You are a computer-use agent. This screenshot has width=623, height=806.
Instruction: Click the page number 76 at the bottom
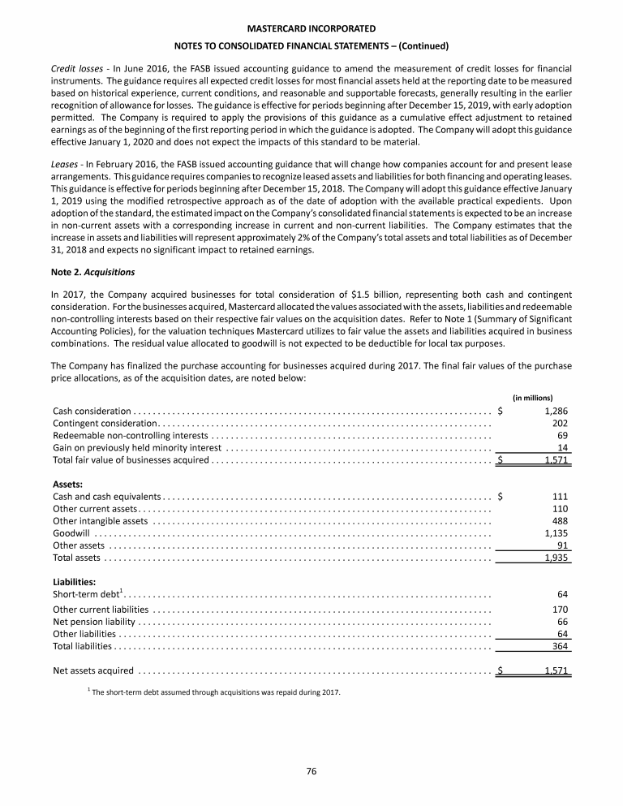(x=311, y=771)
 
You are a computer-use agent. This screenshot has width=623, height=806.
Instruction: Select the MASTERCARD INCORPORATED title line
(x=311, y=29)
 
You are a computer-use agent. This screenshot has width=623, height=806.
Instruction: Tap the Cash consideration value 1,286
(x=555, y=411)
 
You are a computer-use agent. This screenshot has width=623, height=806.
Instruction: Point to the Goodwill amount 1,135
(x=555, y=533)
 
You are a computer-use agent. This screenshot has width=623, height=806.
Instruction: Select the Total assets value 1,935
(x=555, y=558)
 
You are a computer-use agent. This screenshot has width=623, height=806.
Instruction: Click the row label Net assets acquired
(x=93, y=670)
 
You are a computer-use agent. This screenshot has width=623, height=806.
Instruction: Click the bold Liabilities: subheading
(x=75, y=581)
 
